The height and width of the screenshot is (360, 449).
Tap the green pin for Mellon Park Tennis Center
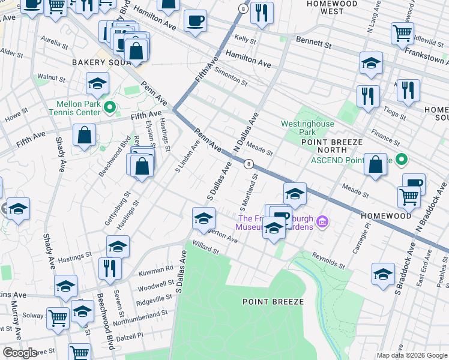tap(109, 108)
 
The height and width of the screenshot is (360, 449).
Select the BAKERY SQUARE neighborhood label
tap(97, 62)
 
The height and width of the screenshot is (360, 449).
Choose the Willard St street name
tap(206, 247)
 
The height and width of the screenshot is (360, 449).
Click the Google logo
tap(19, 352)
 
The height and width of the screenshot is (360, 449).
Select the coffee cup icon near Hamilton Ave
tap(195, 22)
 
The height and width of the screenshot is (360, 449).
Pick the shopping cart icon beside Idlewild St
tap(402, 34)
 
